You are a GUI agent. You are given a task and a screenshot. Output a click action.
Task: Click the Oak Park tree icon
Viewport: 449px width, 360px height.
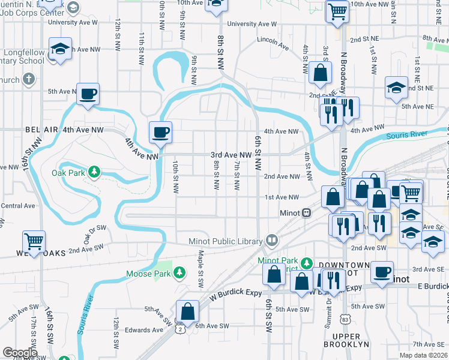94,173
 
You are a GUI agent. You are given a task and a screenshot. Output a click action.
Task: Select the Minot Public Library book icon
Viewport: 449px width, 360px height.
272,241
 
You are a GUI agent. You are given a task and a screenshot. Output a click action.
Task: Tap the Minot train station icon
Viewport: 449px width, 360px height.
306,212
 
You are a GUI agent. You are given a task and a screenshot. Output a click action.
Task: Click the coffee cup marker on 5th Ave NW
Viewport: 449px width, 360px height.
88,94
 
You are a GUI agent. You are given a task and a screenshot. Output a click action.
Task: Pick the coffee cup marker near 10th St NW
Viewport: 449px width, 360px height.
160,131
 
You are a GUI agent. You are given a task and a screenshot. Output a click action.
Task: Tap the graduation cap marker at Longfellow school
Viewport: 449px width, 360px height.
60,49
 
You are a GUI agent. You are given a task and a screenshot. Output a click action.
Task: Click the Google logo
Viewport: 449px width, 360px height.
20,352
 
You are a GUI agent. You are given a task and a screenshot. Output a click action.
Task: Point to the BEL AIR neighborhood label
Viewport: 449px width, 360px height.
41,130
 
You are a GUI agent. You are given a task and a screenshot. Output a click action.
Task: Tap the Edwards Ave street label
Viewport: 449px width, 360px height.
144,329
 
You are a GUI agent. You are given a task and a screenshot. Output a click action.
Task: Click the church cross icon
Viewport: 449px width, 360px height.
28,79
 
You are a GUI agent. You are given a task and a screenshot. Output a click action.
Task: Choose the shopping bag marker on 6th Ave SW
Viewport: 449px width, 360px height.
188,311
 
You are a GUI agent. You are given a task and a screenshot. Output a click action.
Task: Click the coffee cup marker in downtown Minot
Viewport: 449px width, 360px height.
382,271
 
